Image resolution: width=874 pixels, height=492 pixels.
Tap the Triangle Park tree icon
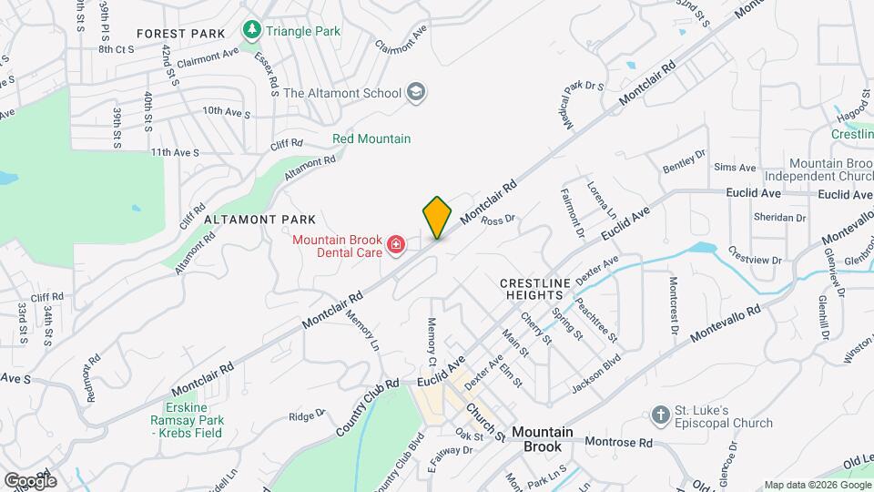(x=252, y=31)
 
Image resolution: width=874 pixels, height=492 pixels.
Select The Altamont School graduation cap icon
(x=416, y=92)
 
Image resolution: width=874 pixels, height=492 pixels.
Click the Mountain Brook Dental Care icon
(x=396, y=245)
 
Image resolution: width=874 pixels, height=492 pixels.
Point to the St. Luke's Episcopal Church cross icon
(x=661, y=416)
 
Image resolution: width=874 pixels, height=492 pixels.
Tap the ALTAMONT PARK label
(x=259, y=220)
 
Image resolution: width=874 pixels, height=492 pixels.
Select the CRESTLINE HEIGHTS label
(x=535, y=291)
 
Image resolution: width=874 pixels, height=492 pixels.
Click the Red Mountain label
(x=371, y=138)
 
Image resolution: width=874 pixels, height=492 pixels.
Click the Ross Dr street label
(x=498, y=220)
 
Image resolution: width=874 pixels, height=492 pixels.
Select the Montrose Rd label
(x=619, y=443)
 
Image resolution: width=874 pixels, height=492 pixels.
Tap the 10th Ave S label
(x=226, y=112)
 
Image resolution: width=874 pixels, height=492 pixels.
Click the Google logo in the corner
(x=30, y=480)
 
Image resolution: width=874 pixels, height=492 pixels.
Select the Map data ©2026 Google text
(x=817, y=485)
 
